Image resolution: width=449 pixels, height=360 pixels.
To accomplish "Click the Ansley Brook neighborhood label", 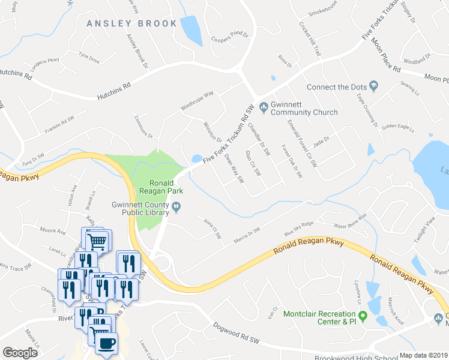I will [x=132, y=23].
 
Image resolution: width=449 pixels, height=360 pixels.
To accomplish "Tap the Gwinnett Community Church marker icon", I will [x=263, y=107].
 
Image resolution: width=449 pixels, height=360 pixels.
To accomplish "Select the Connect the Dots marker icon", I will [x=373, y=86].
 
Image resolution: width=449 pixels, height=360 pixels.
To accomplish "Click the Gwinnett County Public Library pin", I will [x=176, y=208].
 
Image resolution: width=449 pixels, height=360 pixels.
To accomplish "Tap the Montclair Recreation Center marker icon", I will [x=363, y=315].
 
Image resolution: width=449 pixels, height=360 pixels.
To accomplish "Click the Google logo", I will [x=20, y=353].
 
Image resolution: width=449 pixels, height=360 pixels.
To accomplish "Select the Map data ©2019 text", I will [x=423, y=355].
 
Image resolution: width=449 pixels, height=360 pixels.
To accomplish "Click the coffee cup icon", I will [x=106, y=344].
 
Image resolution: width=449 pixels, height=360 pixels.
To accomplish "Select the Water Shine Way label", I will [x=349, y=223].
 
